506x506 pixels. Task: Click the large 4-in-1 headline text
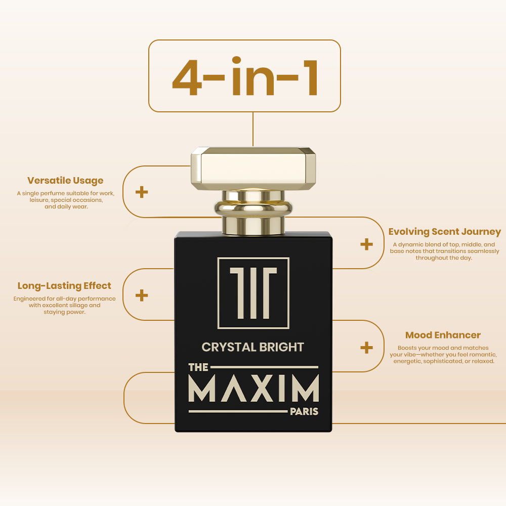(245, 76)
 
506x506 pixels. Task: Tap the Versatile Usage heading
(65, 181)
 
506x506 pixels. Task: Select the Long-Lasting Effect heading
(64, 286)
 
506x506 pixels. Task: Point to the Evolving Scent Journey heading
(444, 232)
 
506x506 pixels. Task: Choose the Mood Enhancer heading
(443, 335)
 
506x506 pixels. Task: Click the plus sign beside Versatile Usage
(142, 192)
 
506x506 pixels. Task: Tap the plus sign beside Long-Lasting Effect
(142, 296)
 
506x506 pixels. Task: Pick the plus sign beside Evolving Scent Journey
(366, 244)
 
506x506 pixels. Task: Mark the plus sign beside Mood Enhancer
(366, 348)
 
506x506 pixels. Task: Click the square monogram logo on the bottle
(254, 293)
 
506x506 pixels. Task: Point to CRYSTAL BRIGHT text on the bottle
(252, 347)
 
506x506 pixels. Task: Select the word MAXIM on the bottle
(254, 388)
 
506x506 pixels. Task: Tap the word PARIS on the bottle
(304, 412)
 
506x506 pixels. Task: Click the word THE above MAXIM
(198, 367)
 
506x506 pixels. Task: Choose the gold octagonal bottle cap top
(254, 168)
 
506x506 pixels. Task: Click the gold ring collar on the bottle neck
(254, 208)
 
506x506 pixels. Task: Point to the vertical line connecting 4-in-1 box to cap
(253, 130)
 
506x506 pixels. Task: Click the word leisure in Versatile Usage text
(39, 200)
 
